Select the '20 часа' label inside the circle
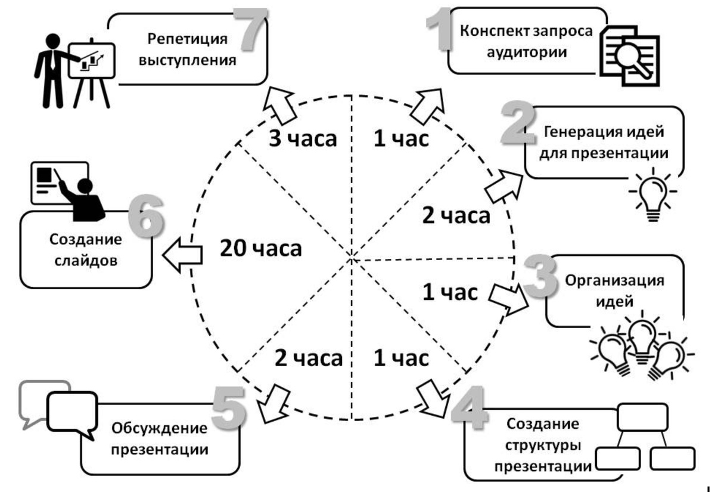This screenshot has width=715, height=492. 261,249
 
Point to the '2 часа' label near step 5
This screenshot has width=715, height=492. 309,358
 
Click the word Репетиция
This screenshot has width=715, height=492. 188,40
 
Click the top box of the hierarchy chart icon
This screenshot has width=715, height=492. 643,418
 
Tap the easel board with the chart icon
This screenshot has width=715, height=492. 91,60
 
